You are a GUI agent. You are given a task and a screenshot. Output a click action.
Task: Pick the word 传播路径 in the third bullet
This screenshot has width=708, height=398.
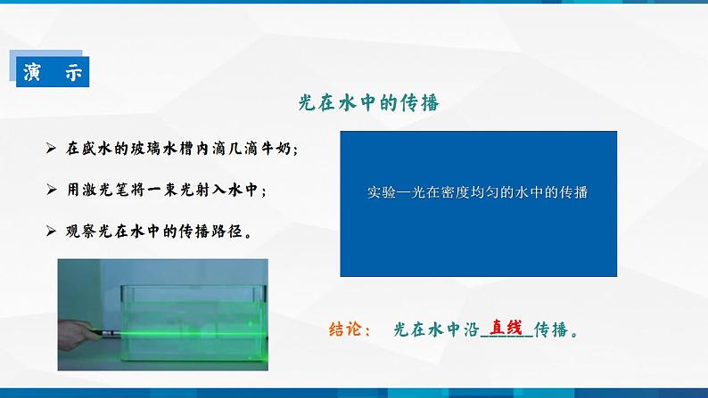[x=210, y=231]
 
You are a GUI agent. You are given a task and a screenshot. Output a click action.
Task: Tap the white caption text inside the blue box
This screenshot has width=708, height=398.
[x=480, y=191]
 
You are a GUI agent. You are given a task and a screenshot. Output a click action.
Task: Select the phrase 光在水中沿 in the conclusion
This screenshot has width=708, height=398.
[x=436, y=329]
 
